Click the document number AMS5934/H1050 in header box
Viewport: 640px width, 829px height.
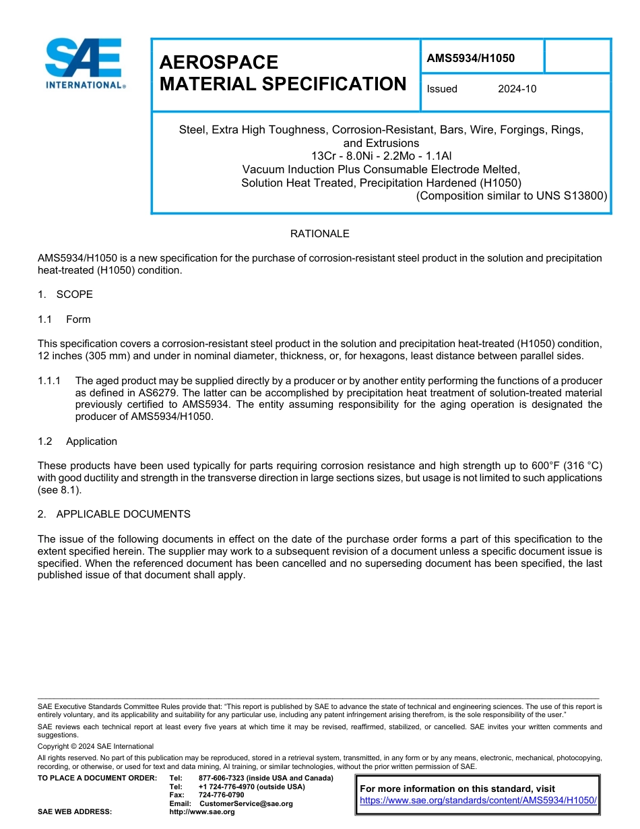pos(470,58)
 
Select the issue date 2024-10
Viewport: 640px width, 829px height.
pos(517,89)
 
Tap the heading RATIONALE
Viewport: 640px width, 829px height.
pos(319,234)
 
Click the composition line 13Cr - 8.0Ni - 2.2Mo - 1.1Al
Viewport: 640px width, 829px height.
pos(381,156)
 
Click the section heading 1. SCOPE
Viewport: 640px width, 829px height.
pos(65,295)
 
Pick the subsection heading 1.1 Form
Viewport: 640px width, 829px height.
pos(65,319)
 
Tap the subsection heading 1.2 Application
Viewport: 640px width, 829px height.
pos(77,441)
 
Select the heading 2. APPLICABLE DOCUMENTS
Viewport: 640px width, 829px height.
pos(115,514)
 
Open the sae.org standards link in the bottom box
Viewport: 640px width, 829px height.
pos(478,801)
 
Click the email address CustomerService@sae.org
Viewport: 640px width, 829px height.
pos(246,803)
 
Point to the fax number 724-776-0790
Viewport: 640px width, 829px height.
pos(221,795)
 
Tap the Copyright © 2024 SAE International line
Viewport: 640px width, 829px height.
pos(96,746)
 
